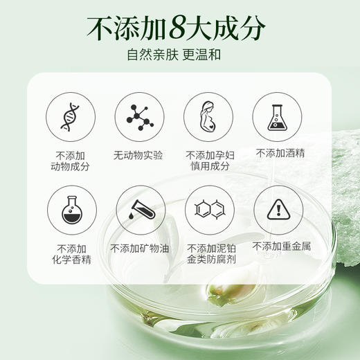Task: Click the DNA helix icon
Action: (70, 116)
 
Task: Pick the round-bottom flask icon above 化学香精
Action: (70, 209)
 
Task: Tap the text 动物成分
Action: (70, 166)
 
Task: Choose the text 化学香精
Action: (70, 260)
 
